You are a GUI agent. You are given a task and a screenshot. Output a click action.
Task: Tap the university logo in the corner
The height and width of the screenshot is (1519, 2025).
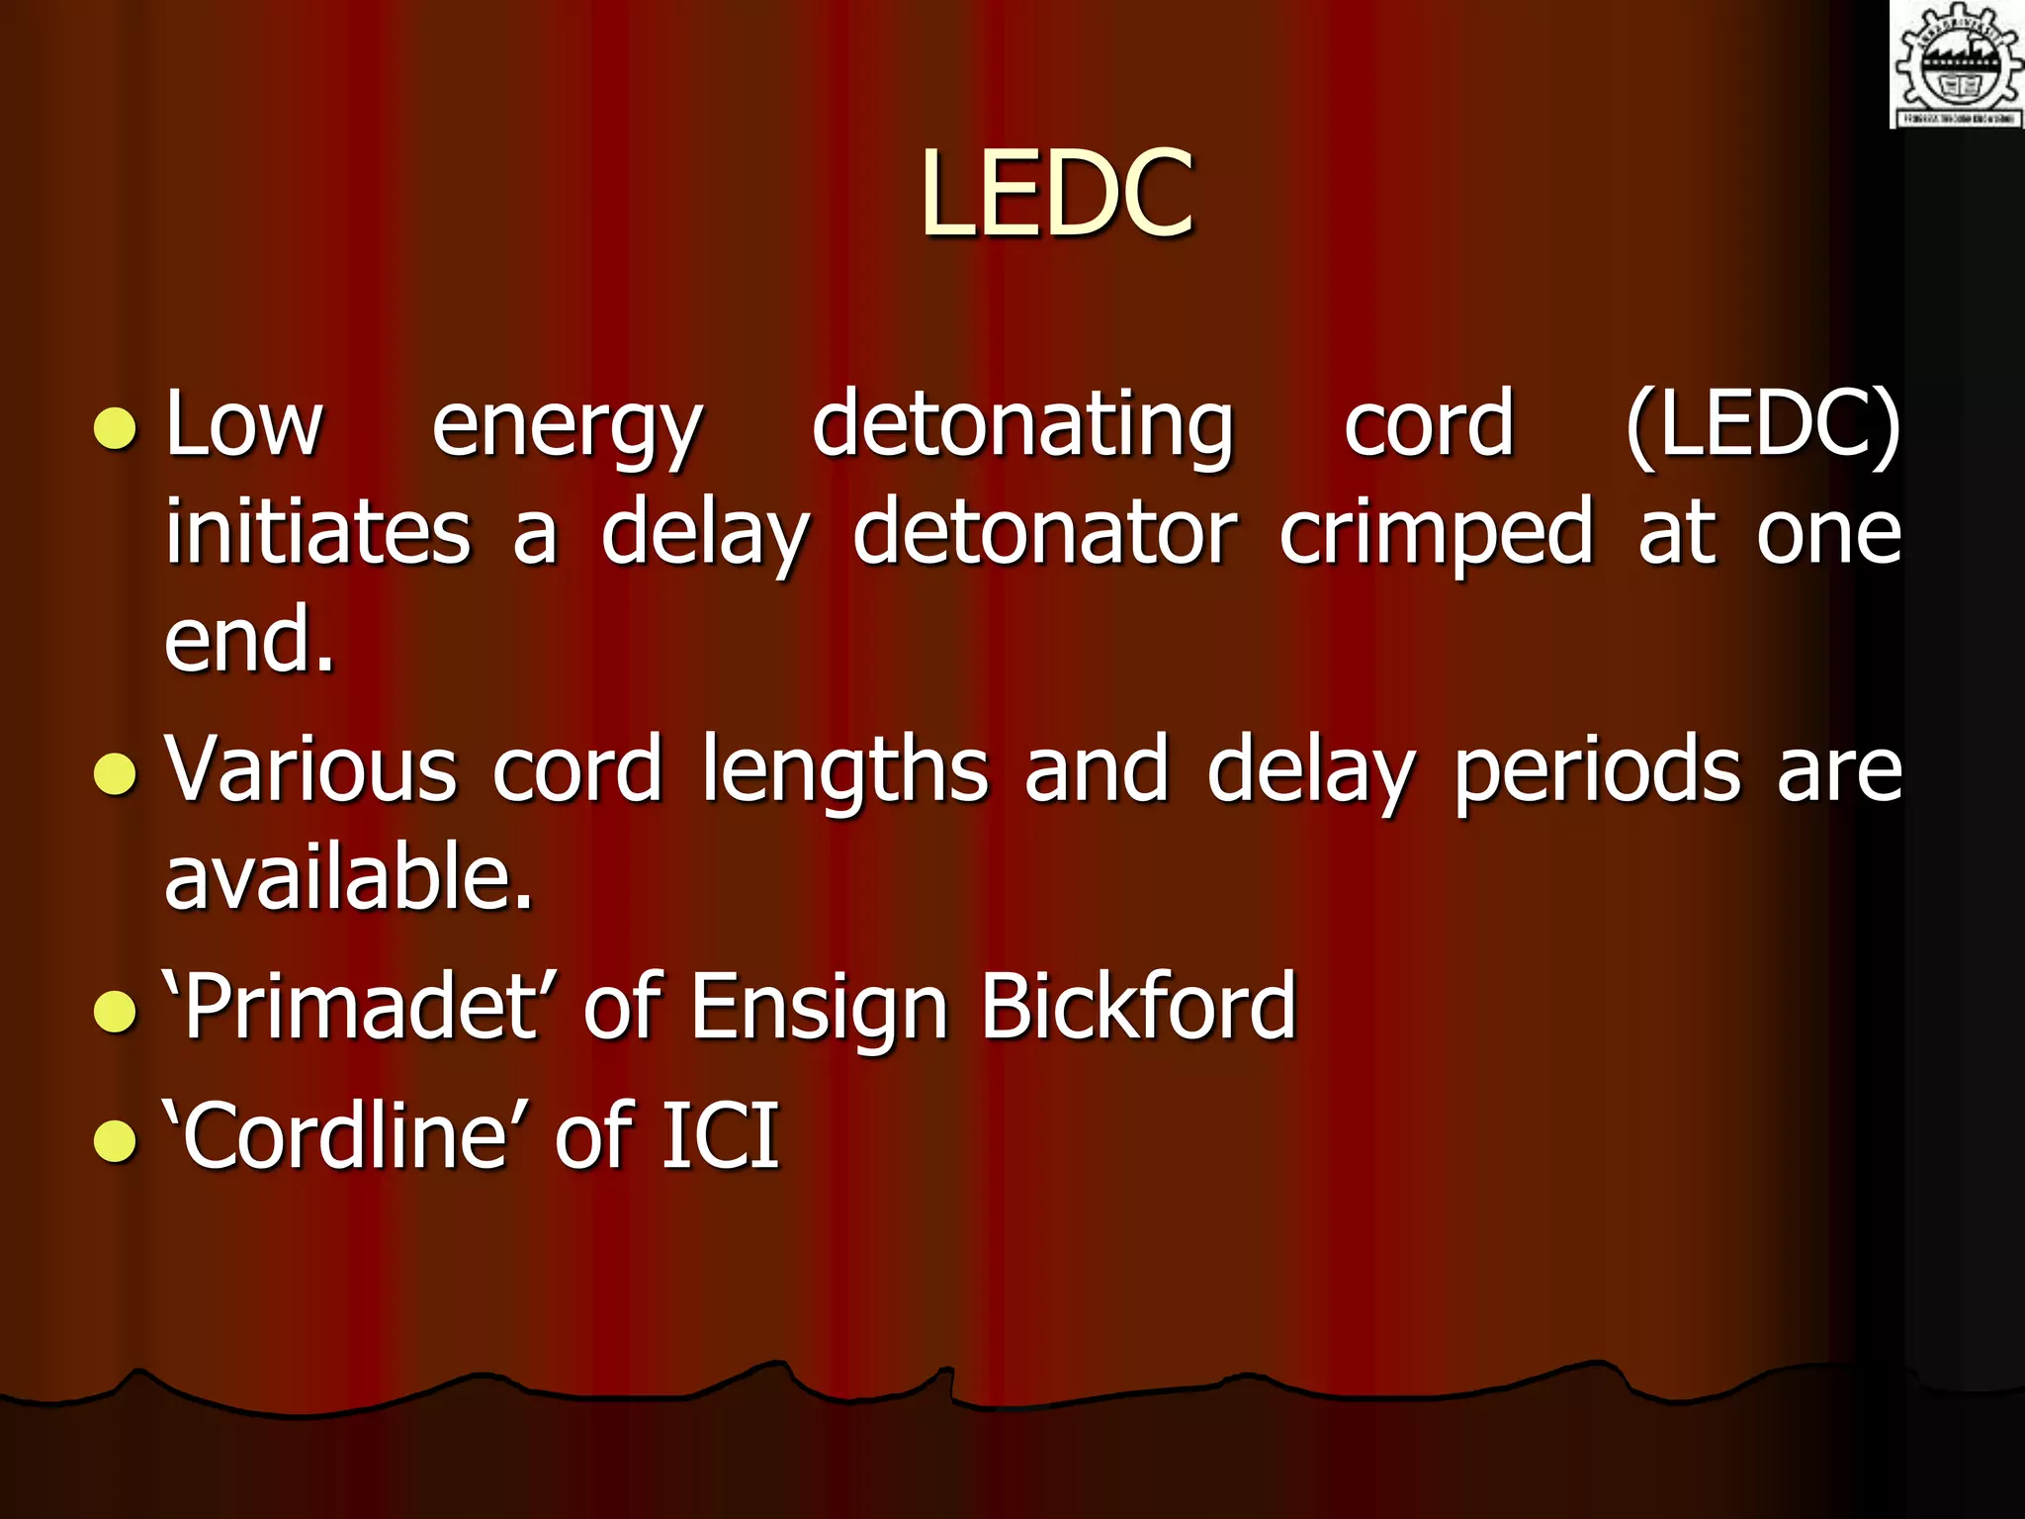point(1957,64)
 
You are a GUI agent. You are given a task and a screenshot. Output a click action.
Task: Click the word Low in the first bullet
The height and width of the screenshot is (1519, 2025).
point(244,425)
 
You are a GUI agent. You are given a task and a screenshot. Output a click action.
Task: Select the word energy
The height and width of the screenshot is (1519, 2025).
point(567,427)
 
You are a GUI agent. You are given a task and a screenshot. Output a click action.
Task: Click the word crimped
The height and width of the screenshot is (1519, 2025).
point(1436,534)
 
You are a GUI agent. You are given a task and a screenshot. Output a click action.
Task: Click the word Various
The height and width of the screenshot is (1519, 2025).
point(310,769)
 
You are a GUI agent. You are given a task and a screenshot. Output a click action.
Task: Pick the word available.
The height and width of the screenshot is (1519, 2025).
point(348,877)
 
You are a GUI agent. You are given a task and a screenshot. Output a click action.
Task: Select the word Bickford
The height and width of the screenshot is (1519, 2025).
point(1138,1007)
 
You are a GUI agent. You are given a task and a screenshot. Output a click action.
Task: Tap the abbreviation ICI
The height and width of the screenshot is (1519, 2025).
point(720,1135)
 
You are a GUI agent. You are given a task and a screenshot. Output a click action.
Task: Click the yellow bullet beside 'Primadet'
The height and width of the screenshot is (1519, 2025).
point(115,1012)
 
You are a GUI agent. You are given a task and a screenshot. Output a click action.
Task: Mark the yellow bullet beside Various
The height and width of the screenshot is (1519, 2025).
point(115,774)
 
